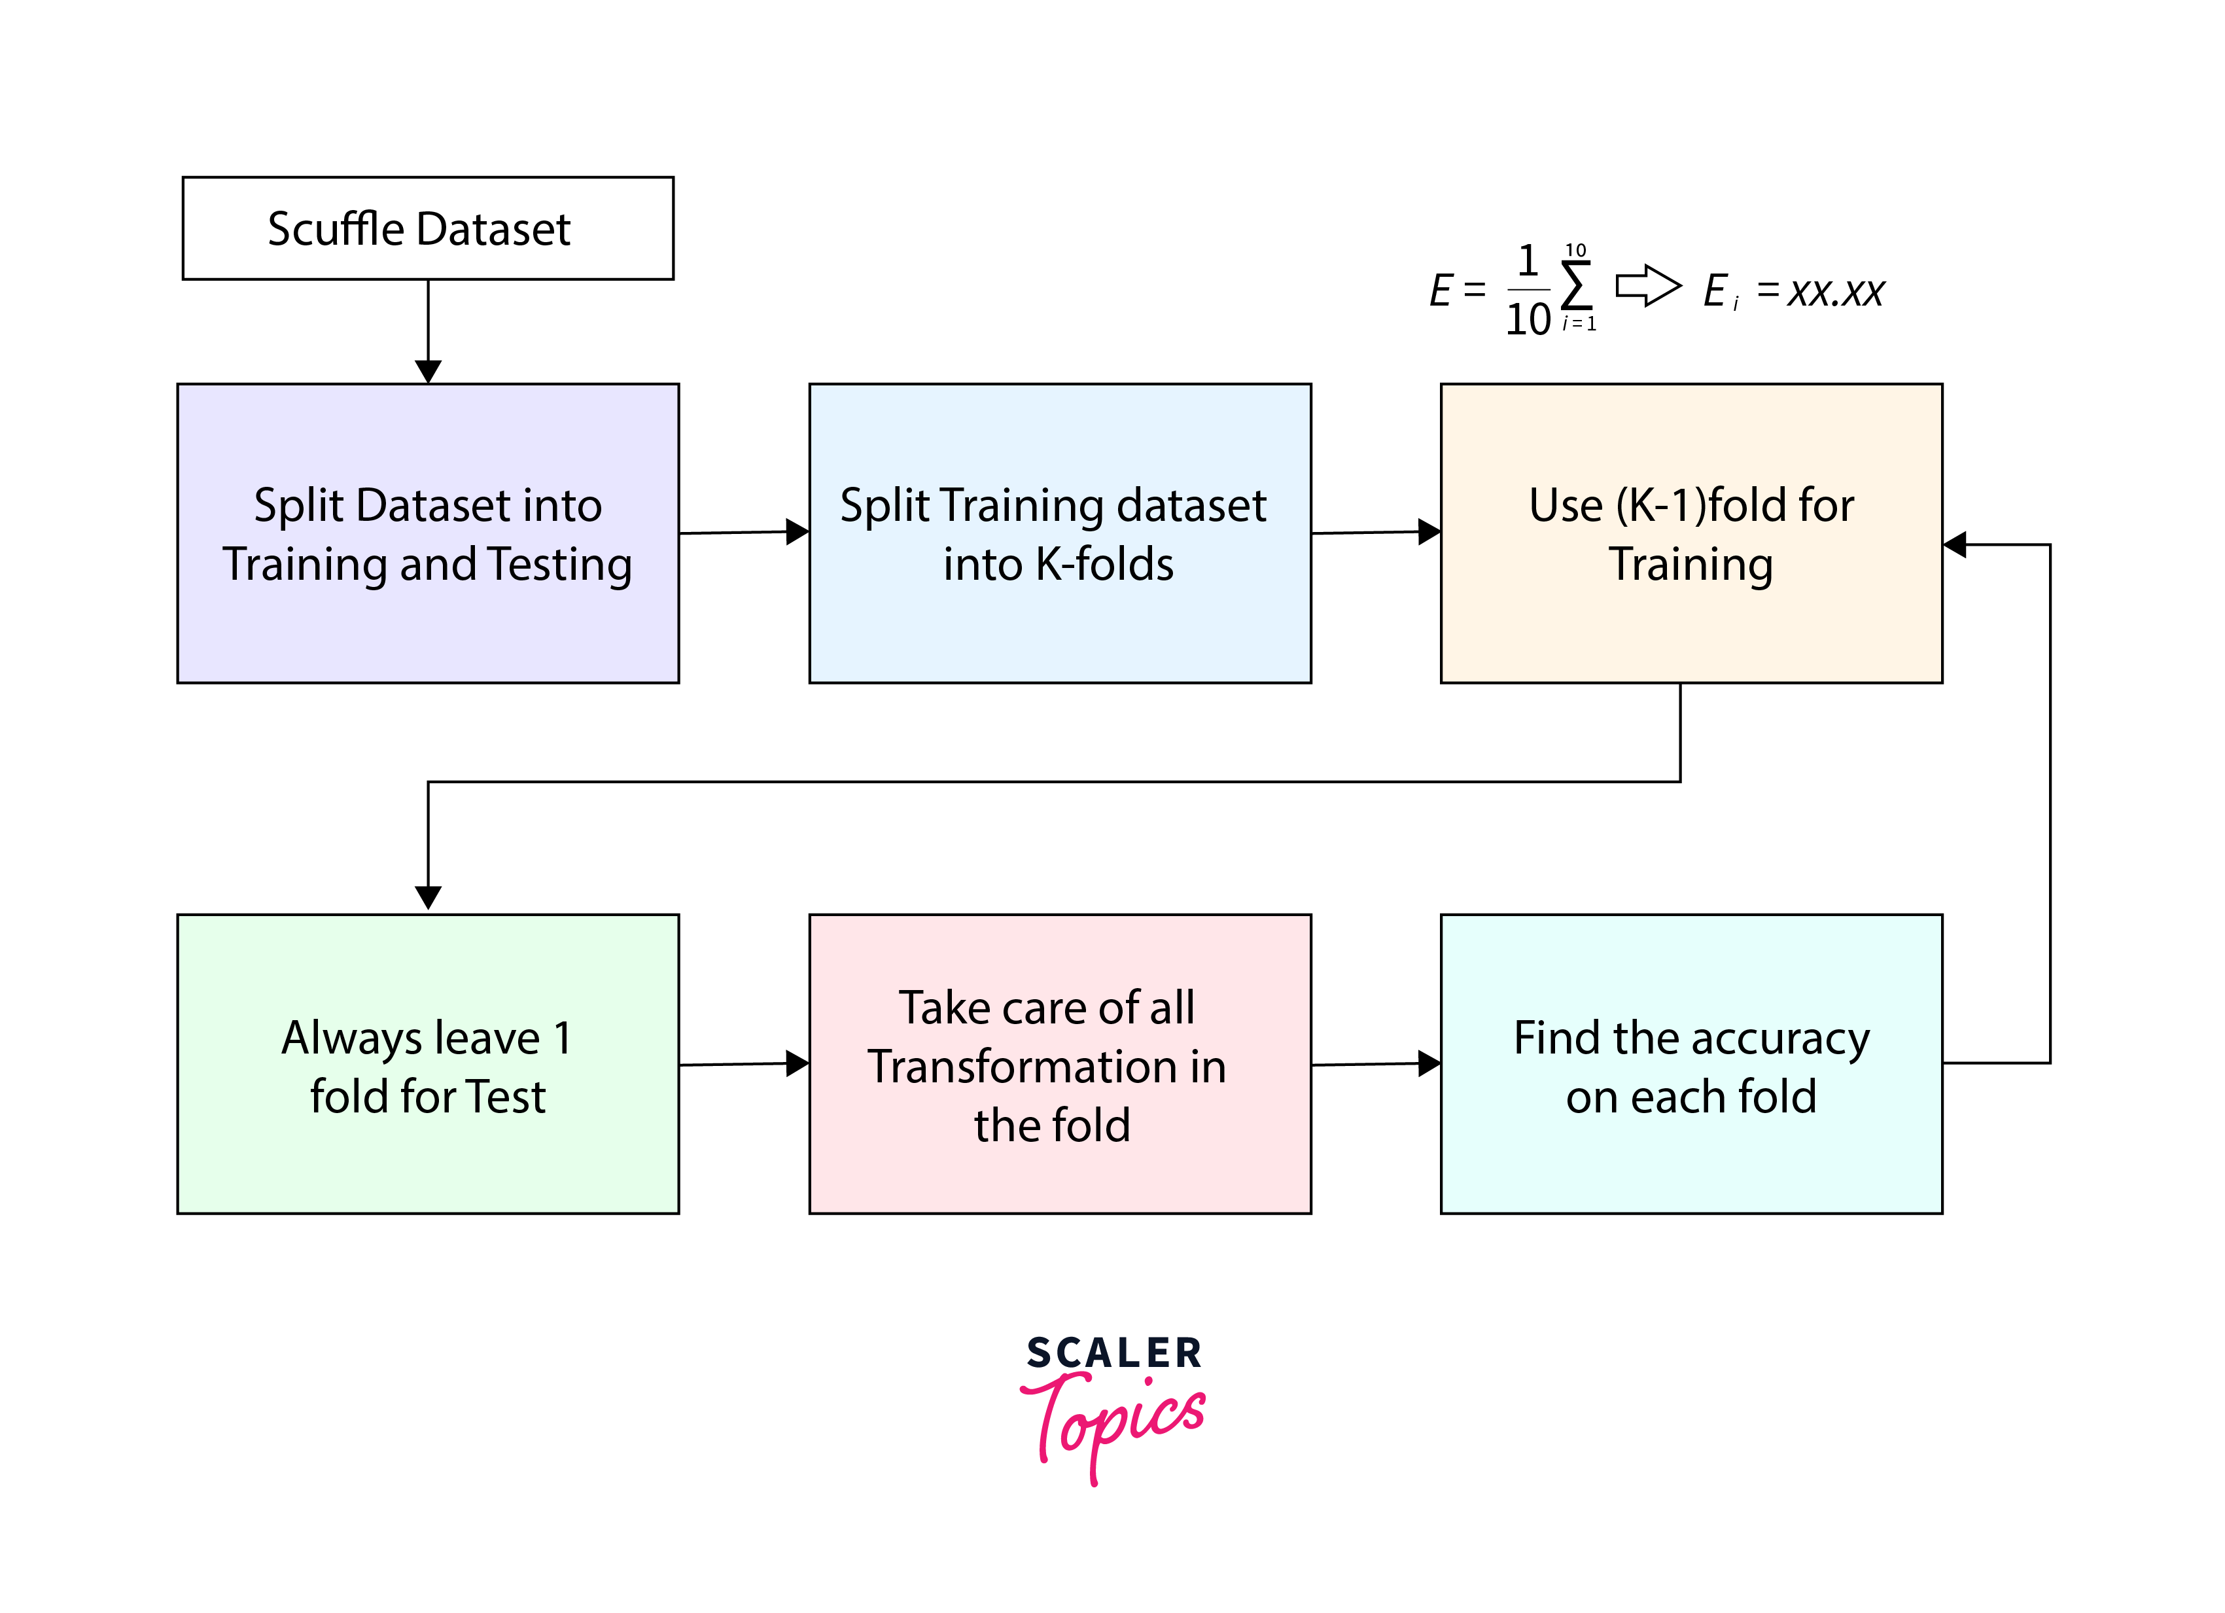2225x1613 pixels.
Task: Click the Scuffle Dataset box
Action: pos(428,228)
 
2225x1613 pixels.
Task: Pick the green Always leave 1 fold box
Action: pos(428,1065)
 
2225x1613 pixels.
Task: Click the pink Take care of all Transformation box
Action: pos(1060,1065)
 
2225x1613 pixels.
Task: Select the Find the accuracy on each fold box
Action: pos(1691,1065)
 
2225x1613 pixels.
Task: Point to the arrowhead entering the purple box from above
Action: pos(428,372)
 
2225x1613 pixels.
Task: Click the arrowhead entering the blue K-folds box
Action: pos(797,532)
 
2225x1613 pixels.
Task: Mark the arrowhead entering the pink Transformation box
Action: pos(797,1063)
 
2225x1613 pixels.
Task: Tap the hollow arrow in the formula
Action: pos(1648,287)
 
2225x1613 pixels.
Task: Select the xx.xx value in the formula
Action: pos(1834,291)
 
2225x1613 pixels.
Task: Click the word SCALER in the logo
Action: pos(1113,1354)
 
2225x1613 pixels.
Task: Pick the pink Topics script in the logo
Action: pos(1118,1423)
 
